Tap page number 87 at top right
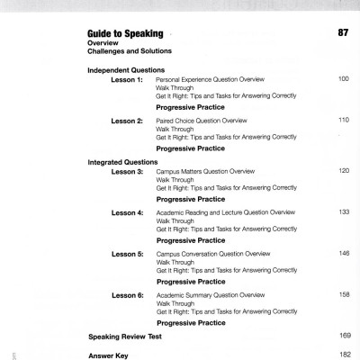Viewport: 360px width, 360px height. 342,33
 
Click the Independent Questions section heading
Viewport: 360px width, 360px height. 126,70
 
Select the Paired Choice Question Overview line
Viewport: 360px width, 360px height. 203,120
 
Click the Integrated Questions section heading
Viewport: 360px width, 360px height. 123,161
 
